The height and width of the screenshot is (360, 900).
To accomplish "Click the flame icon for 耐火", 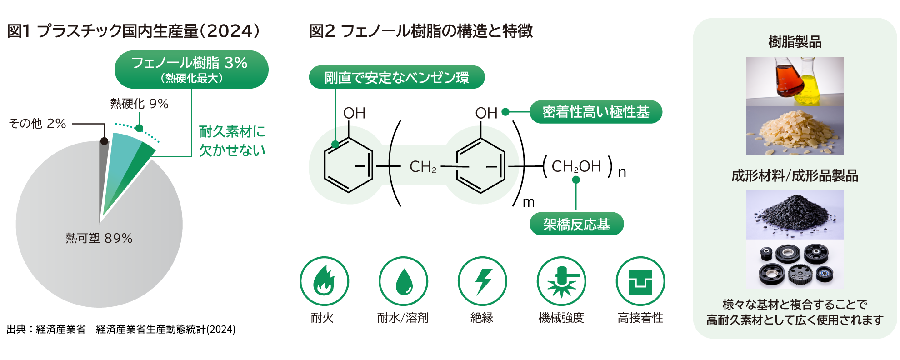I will click(x=324, y=281).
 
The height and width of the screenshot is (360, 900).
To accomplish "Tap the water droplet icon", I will click(x=403, y=281).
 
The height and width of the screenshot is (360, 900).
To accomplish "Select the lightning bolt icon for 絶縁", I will click(x=482, y=281).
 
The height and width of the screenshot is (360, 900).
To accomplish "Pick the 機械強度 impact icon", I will click(x=561, y=281).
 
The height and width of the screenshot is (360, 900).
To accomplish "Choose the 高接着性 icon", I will click(x=640, y=281).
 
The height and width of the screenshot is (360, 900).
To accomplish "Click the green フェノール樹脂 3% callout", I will click(x=191, y=69).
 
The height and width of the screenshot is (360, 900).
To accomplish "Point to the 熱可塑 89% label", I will click(x=99, y=238).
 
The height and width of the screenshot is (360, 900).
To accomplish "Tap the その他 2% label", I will click(x=38, y=124).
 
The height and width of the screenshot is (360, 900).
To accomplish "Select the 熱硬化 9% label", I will click(x=139, y=104).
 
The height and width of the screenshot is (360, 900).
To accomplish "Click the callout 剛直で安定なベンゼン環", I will click(x=396, y=77).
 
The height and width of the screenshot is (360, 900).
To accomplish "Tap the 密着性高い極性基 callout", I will click(x=595, y=112).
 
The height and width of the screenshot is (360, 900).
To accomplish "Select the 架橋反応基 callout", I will click(x=576, y=224).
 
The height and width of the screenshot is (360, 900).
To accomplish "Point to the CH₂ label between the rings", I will click(x=423, y=167).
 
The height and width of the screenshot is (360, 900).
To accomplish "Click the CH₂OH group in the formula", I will click(x=576, y=166).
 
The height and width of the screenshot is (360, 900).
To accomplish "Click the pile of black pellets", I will click(x=795, y=214).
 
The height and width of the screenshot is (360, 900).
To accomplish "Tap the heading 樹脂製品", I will click(x=795, y=42).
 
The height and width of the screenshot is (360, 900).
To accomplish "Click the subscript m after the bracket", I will click(x=529, y=202).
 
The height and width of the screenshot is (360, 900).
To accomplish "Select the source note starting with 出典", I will click(x=121, y=330).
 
